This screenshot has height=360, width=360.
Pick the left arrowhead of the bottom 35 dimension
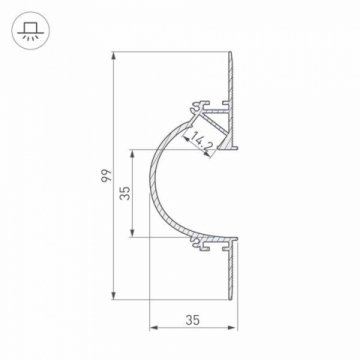coord(153,328)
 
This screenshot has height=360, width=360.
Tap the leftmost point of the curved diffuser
coord(149,195)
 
